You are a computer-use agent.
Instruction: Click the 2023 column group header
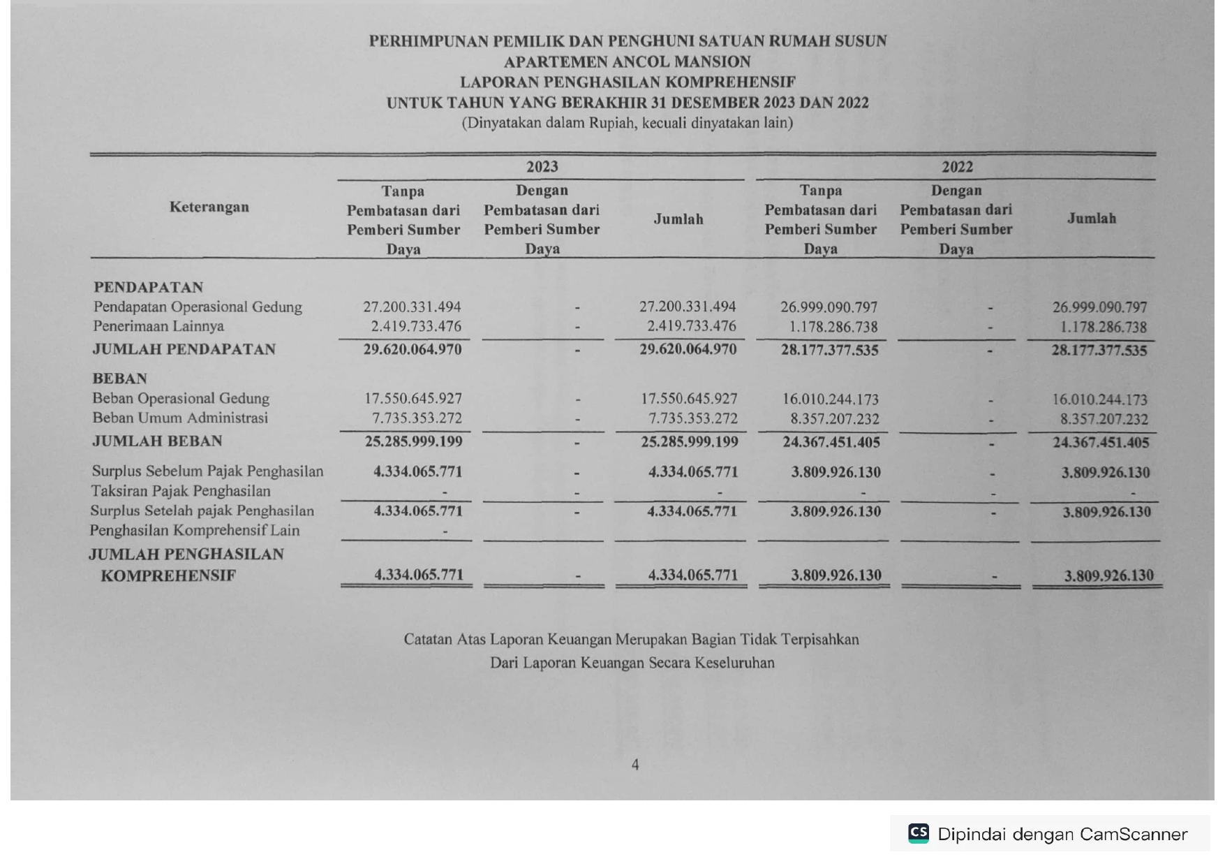pos(542,166)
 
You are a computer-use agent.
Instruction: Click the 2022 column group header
pos(957,166)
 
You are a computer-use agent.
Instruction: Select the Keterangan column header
pos(209,207)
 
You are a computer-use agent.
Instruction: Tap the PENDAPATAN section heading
pos(148,287)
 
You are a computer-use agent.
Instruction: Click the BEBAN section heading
pos(119,379)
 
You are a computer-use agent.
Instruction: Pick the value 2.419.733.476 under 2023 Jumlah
pos(691,326)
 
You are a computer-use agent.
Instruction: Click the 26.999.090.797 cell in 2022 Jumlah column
pos(1099,307)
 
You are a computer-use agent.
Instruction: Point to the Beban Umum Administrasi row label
pos(180,418)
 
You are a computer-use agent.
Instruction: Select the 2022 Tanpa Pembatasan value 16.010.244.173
pos(830,399)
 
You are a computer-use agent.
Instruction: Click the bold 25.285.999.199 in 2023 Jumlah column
pos(689,441)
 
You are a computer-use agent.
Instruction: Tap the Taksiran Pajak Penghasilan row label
pos(181,491)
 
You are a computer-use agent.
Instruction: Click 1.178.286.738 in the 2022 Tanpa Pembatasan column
pos(833,327)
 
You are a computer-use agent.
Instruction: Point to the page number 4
pos(635,765)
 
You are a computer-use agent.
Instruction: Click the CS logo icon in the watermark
pos(918,833)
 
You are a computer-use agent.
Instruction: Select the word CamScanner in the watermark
pos(1133,834)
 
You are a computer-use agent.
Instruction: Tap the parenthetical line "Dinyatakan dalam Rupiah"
pos(627,123)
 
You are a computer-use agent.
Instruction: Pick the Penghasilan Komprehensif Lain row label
pos(195,531)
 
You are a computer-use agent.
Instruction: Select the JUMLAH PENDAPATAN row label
pos(184,349)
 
